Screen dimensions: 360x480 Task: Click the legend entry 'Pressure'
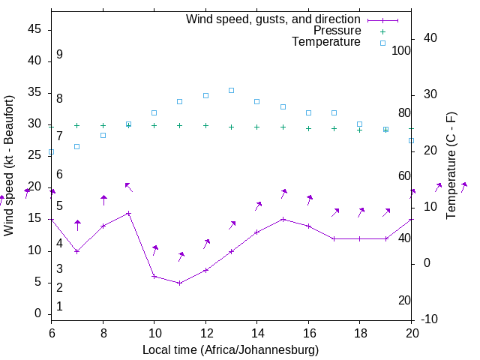pyautogui.click(x=337, y=31)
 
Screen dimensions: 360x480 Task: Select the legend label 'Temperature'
pyautogui.click(x=326, y=42)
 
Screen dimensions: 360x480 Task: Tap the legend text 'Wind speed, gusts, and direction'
pyautogui.click(x=273, y=19)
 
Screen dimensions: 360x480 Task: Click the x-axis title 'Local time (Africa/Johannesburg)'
pyautogui.click(x=230, y=350)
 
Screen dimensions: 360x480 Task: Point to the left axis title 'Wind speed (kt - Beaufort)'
pyautogui.click(x=9, y=165)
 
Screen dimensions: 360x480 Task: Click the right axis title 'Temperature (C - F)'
pyautogui.click(x=451, y=165)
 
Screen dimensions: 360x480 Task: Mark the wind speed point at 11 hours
pyautogui.click(x=180, y=283)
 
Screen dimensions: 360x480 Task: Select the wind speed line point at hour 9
pyautogui.click(x=128, y=213)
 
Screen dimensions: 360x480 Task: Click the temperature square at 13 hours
pyautogui.click(x=231, y=90)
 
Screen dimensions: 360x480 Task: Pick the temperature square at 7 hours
pyautogui.click(x=77, y=146)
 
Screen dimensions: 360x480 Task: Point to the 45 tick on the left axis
pyautogui.click(x=34, y=29)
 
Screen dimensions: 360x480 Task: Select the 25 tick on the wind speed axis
pyautogui.click(x=34, y=155)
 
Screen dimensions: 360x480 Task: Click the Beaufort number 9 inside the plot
pyautogui.click(x=59, y=55)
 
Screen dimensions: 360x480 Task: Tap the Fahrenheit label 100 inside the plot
pyautogui.click(x=401, y=50)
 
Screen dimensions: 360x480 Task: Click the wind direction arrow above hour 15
pyautogui.click(x=283, y=193)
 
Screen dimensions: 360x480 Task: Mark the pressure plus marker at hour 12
pyautogui.click(x=205, y=125)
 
